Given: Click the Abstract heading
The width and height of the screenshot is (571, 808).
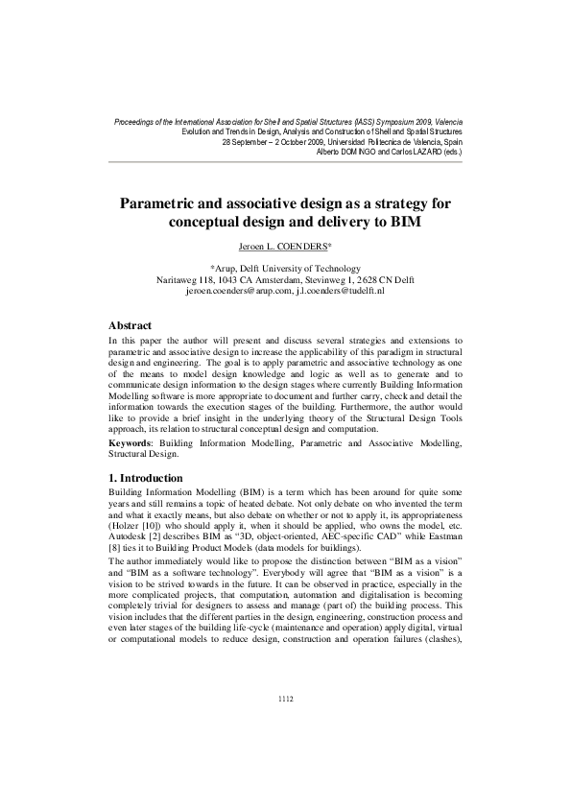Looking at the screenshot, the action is click(x=131, y=326).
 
